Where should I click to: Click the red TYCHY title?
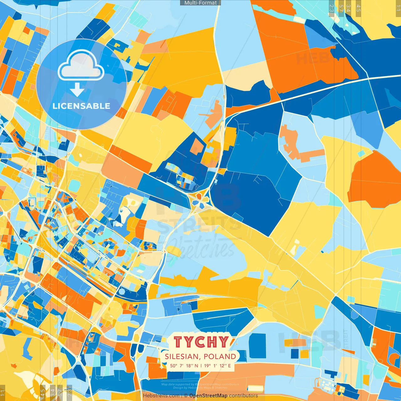[x=201, y=342]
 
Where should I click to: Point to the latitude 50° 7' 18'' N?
[x=184, y=366]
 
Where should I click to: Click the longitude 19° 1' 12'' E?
[x=218, y=366]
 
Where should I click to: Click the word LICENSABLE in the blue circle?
[x=81, y=106]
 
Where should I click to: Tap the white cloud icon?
[x=81, y=65]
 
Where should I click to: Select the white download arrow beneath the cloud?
[x=77, y=90]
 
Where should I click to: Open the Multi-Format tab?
[x=200, y=3]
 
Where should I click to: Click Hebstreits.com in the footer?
[x=161, y=396]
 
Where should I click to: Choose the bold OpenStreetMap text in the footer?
[x=208, y=396]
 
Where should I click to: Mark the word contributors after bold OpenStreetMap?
[x=243, y=396]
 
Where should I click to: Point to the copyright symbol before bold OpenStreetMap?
[x=186, y=396]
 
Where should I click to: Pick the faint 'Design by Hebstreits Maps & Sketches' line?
[x=200, y=388]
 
